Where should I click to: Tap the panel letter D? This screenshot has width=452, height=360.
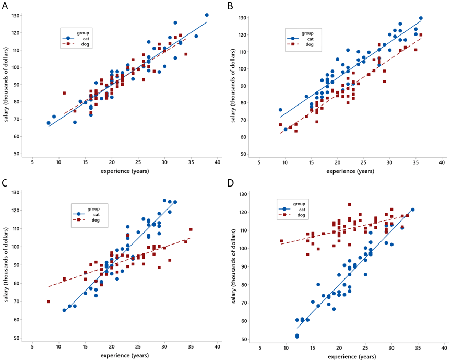[x=230, y=183]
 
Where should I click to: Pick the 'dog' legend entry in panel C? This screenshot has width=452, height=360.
[x=96, y=220]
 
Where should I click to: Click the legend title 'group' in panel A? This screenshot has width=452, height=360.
[x=82, y=32]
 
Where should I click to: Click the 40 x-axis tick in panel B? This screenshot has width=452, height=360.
[x=442, y=162]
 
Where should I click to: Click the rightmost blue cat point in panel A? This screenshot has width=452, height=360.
[x=207, y=15]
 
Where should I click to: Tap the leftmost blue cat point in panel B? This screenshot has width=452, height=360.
[x=280, y=110]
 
